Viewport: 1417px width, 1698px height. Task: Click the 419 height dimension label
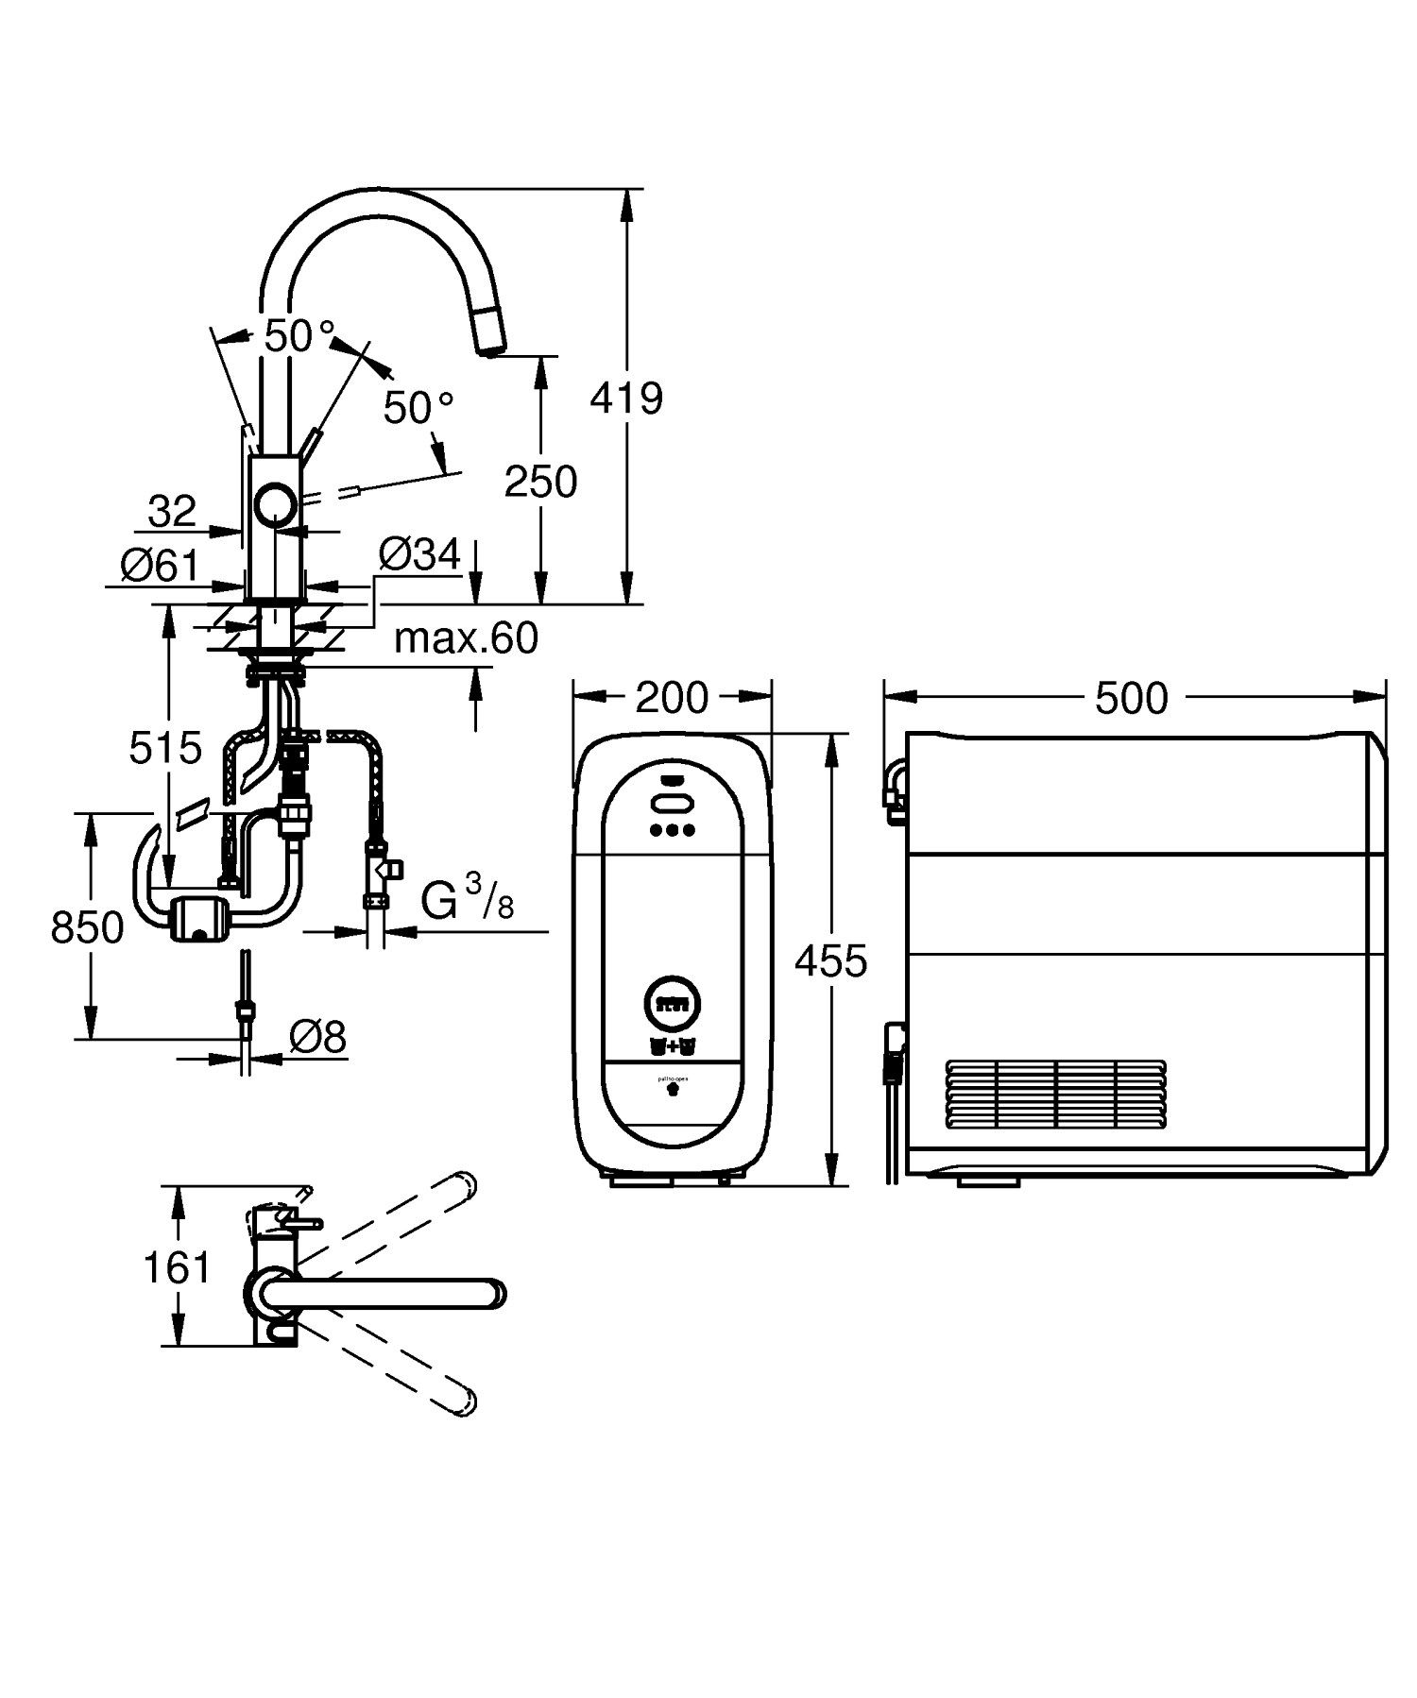(626, 399)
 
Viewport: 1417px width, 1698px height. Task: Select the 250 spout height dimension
(540, 482)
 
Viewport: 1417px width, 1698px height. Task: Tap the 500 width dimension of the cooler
(1131, 698)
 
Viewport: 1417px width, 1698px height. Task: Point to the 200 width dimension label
(671, 698)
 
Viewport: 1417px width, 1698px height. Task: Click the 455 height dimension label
(830, 961)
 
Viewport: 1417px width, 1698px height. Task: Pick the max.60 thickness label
(466, 638)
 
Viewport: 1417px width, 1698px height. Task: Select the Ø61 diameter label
(161, 566)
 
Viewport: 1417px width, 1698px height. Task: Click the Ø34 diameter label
(419, 554)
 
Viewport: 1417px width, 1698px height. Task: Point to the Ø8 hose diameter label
(317, 1038)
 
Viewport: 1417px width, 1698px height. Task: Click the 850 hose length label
(87, 927)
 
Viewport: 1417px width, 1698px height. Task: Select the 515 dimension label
(165, 748)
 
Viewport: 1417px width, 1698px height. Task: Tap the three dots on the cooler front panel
(673, 831)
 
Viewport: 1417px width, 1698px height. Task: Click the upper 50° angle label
(299, 335)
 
